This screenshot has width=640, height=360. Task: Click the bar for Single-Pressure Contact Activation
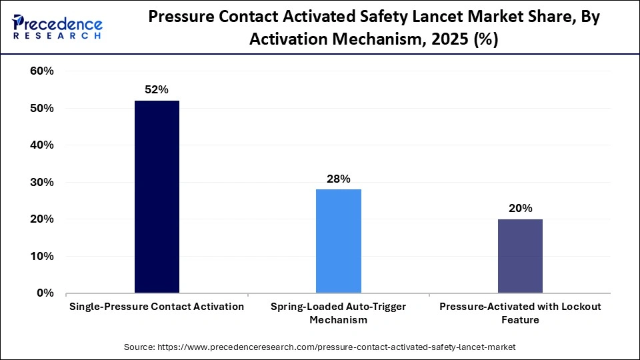click(x=157, y=197)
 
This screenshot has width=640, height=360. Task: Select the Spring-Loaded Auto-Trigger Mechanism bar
click(x=338, y=241)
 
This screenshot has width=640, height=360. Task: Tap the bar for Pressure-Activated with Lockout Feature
click(x=520, y=255)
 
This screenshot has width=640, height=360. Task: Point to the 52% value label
click(x=157, y=89)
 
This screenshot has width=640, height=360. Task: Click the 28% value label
click(x=338, y=178)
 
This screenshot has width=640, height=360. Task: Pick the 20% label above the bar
click(x=520, y=208)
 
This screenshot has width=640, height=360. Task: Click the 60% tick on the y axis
click(x=41, y=71)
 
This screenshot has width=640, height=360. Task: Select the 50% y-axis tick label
click(x=41, y=109)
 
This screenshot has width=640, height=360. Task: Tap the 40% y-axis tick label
click(x=41, y=145)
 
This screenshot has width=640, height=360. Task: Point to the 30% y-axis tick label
click(x=41, y=183)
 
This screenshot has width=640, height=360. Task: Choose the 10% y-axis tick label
click(x=41, y=257)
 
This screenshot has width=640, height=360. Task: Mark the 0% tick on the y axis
click(x=45, y=293)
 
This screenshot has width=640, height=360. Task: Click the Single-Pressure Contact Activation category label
click(x=157, y=307)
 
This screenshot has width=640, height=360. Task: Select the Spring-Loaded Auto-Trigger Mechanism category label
click(x=338, y=313)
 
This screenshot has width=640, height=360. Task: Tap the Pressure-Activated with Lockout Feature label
click(x=520, y=313)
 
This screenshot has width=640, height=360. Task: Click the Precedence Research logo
click(x=57, y=27)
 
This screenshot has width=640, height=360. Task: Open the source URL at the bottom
click(x=337, y=347)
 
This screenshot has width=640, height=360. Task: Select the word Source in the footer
click(x=139, y=347)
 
